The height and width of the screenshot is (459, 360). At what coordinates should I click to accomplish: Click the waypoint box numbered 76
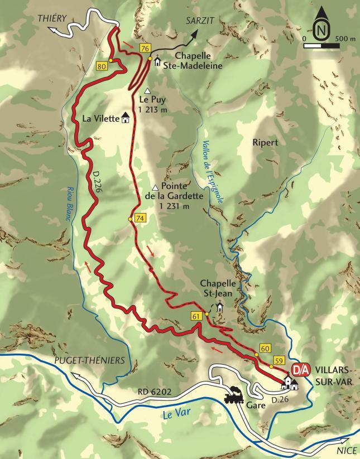click(x=146, y=49)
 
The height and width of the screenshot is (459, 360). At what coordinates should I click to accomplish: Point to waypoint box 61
click(x=196, y=317)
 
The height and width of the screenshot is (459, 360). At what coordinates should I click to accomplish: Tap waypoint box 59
click(x=280, y=360)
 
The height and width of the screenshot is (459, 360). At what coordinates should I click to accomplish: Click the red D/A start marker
click(x=300, y=370)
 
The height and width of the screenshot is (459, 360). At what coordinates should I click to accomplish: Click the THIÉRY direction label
click(x=52, y=18)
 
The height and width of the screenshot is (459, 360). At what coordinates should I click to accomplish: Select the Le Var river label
click(x=176, y=414)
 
